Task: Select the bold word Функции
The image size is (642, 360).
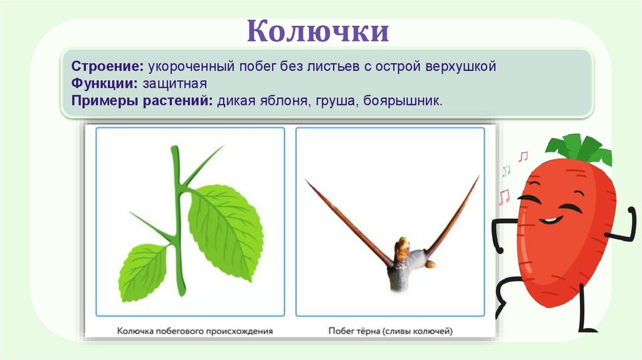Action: [x=104, y=83]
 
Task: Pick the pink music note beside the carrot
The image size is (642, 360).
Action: [x=523, y=156]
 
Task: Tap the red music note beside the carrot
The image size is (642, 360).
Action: [x=503, y=198]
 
